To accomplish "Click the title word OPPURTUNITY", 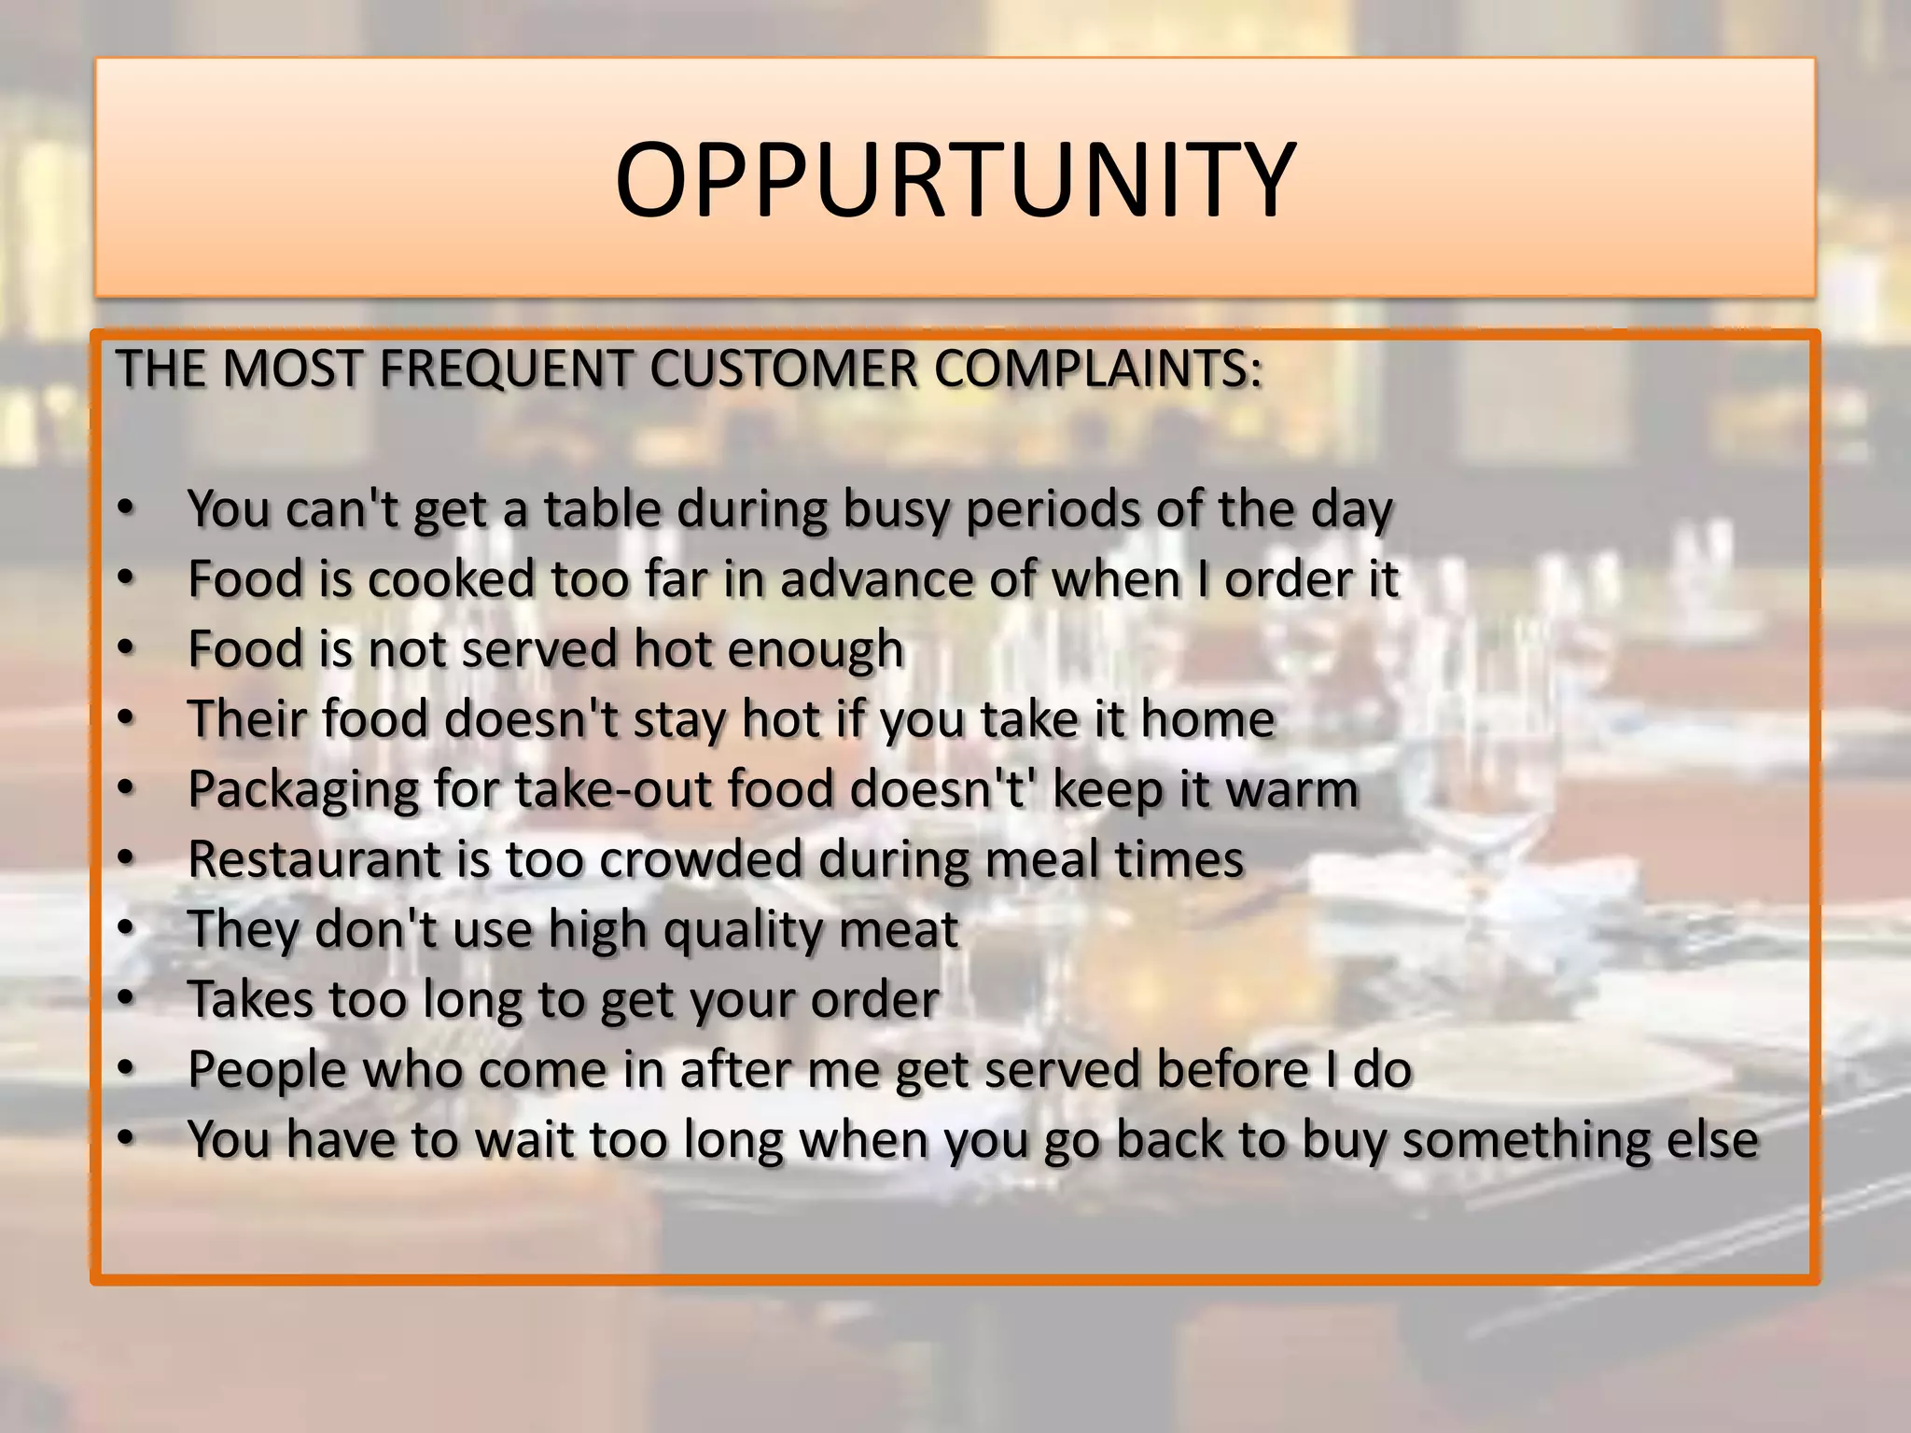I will coord(955,179).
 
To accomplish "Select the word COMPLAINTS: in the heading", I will coord(1098,369).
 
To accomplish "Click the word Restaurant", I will coord(314,859).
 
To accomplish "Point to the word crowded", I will coord(701,859).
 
